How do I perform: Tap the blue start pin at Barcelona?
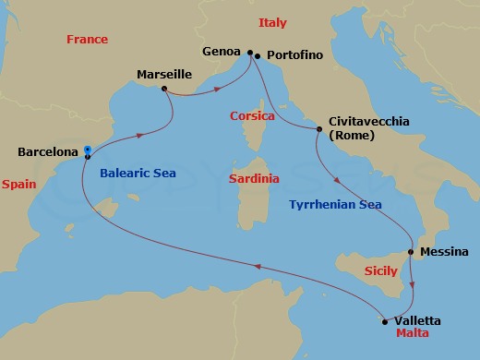pos(87,150)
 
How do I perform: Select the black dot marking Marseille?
pos(163,90)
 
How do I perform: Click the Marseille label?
pos(164,73)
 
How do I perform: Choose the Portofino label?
pos(294,55)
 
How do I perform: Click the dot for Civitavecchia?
pos(318,129)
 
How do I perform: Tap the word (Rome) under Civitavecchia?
pos(349,135)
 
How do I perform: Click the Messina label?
pos(444,251)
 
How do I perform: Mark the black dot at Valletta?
pos(384,322)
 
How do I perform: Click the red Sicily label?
pos(381,271)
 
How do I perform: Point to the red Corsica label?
pos(253,117)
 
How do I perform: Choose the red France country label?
pos(88,40)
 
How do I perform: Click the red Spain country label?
pos(18,185)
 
